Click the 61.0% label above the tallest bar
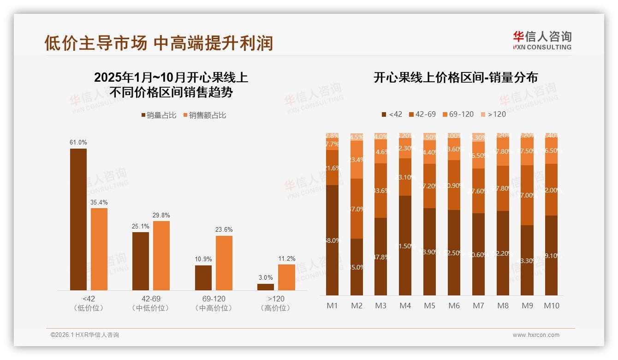coord(78,143)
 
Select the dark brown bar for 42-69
coord(141,261)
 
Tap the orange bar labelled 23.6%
coord(224,263)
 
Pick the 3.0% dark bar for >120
coord(266,287)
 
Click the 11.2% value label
coord(287,258)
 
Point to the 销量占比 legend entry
coord(159,115)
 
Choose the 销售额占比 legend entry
coord(205,115)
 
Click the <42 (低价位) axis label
coord(89,303)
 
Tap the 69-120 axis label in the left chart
coord(214,299)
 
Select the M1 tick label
coord(333,306)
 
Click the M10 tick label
coord(552,306)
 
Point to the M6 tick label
coord(454,306)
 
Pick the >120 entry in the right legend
coord(493,114)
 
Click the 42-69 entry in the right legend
coord(422,114)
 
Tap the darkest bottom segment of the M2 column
coord(357,267)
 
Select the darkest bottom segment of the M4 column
coord(405,246)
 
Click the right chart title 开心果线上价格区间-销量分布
coord(456,78)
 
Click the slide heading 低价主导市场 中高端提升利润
coord(159,43)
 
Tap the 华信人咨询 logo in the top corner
coord(542,40)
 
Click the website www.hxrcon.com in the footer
coord(536,335)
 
